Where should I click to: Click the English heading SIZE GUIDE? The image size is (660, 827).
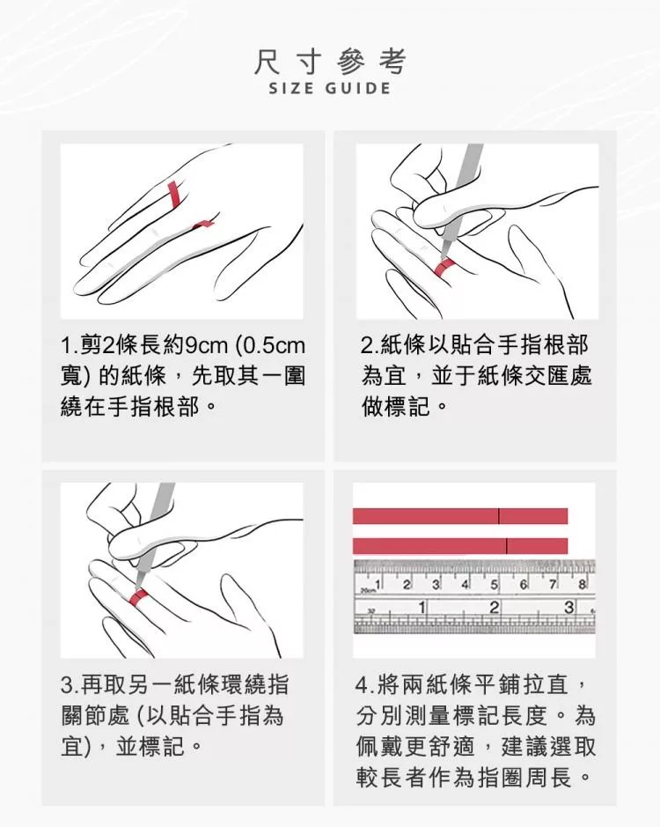(x=330, y=87)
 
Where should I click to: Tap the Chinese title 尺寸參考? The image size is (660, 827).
(x=330, y=61)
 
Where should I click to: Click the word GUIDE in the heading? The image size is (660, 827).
(x=358, y=87)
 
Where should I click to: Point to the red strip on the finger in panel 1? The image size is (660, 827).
(x=173, y=193)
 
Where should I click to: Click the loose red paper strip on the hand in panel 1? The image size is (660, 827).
(x=203, y=225)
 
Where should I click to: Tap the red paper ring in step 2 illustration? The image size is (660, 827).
(x=444, y=268)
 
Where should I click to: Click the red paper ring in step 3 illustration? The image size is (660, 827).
(x=139, y=595)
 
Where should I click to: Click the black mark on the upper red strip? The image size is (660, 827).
(x=499, y=516)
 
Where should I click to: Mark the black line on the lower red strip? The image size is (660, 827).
(x=507, y=546)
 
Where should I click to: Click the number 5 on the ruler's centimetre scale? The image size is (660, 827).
(x=494, y=585)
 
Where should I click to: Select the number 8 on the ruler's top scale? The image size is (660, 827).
(x=582, y=585)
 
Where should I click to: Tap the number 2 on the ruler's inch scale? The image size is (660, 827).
(x=494, y=608)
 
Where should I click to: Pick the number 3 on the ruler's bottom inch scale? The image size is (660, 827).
(x=568, y=608)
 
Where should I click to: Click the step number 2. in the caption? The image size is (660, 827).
(x=369, y=345)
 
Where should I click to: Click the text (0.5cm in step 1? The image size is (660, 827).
(x=271, y=345)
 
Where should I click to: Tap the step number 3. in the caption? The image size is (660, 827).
(x=70, y=685)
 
